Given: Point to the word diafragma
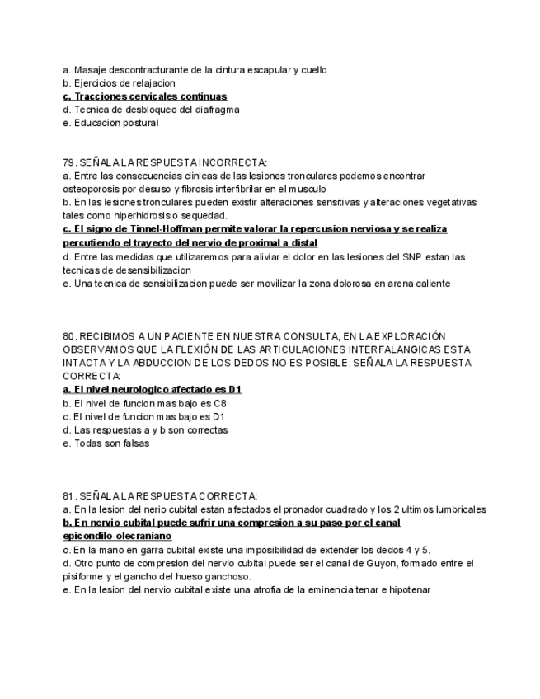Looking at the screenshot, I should click(x=214, y=110).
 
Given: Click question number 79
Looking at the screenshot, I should click(x=69, y=162).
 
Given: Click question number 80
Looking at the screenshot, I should click(x=69, y=335).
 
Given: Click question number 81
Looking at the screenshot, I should click(x=69, y=495).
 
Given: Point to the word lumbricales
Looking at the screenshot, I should click(x=461, y=509).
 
